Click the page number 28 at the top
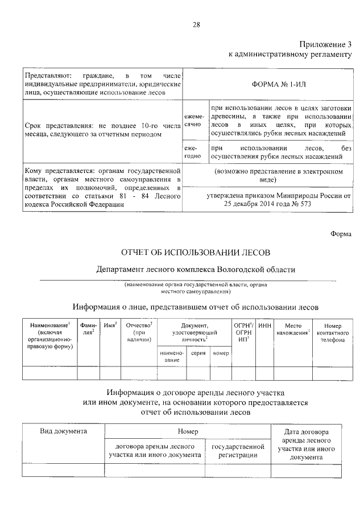coord(196,24)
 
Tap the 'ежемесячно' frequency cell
coord(193,120)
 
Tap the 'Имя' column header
coord(111,325)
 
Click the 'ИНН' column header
coord(264,325)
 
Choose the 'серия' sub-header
coord(198,353)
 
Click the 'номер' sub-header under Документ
coord(221,353)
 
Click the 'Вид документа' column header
coord(63,431)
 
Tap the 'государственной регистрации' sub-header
coord(238,451)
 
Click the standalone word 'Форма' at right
coord(341,234)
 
